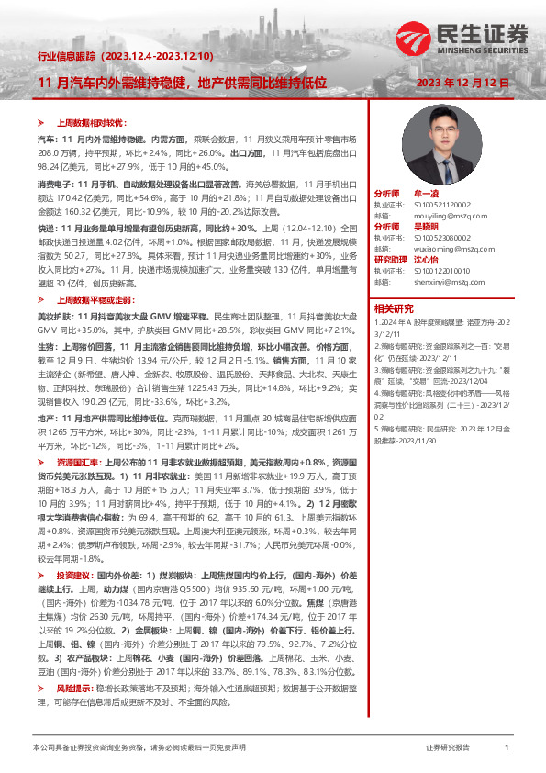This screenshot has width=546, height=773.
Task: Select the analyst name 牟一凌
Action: (428, 195)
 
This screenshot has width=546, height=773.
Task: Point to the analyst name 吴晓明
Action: (428, 226)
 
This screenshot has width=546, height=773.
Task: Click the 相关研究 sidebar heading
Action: (394, 308)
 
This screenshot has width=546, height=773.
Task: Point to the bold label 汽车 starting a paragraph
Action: (45, 137)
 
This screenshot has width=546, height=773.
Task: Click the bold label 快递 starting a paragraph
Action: (45, 226)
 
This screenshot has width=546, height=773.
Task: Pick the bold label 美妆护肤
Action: (53, 316)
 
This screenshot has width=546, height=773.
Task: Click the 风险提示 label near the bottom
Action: (73, 661)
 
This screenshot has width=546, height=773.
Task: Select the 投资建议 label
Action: (73, 573)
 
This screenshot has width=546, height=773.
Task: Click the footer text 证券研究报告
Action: (448, 748)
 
